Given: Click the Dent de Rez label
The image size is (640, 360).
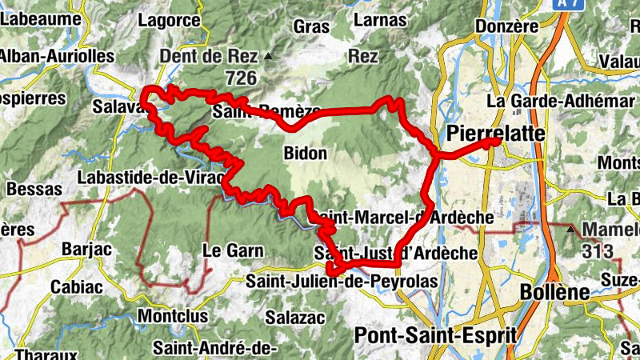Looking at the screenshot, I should (209, 57).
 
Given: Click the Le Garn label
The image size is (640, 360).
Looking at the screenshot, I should (233, 250).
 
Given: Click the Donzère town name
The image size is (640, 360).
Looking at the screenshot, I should (506, 26).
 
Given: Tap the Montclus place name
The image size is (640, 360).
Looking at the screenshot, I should (173, 316).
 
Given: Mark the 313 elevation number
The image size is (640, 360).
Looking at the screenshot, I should (598, 252).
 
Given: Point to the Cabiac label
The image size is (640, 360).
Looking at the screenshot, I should (78, 286).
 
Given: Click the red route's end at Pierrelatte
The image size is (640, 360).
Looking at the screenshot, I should (496, 142).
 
